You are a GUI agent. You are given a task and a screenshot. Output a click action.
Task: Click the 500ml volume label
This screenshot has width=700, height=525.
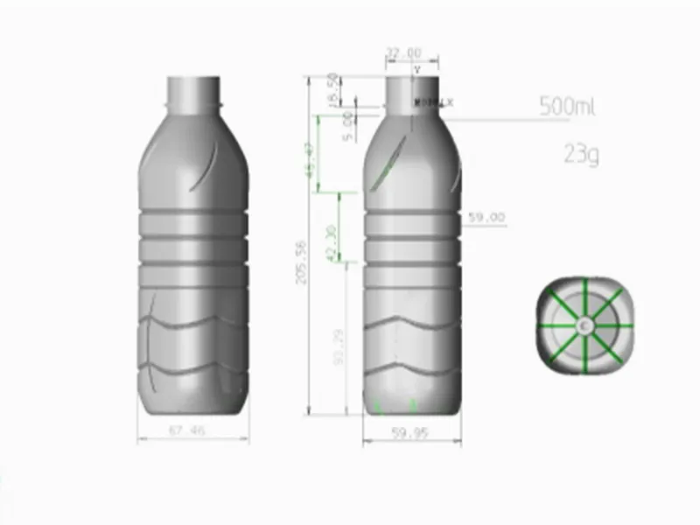click(x=567, y=108)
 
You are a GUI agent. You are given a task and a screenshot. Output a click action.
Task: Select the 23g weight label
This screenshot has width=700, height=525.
click(x=581, y=155)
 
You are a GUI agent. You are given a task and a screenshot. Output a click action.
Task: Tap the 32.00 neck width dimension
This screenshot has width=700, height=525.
click(x=403, y=53)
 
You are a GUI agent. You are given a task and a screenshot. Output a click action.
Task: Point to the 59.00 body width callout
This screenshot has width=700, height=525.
click(x=487, y=217)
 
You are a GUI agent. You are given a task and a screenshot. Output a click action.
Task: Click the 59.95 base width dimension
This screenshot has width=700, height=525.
click(x=410, y=431)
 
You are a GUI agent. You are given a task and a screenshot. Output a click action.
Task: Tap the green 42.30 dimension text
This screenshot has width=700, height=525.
click(x=331, y=242)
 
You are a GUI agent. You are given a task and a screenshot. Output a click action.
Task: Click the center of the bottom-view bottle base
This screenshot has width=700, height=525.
click(x=584, y=325)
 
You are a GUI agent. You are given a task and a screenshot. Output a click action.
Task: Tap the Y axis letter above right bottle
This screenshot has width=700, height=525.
click(x=417, y=68)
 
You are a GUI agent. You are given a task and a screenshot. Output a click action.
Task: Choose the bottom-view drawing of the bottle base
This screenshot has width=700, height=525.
click(x=584, y=325)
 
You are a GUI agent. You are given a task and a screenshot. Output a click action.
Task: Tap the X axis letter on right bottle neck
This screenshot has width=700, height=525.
click(x=451, y=103)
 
